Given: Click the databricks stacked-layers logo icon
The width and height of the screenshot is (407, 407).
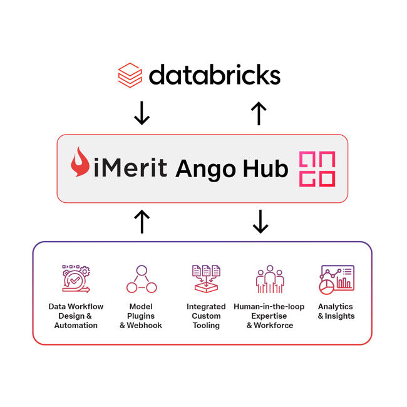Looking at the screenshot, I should [x=130, y=75].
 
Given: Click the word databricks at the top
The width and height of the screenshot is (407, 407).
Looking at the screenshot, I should [x=214, y=75].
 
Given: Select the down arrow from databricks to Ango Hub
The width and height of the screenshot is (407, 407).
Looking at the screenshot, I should [x=142, y=113].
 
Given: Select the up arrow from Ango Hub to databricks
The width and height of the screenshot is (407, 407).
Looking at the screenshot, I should [x=259, y=113].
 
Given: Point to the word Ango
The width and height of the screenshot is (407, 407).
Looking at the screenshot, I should [x=206, y=168].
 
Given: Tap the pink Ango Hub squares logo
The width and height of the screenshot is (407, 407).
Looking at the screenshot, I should [x=316, y=168].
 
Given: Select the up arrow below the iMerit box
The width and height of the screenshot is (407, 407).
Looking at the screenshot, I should [x=142, y=222].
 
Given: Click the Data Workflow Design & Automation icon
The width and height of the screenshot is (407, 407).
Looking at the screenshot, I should [x=76, y=279].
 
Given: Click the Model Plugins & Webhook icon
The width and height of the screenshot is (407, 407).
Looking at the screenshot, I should [x=141, y=279].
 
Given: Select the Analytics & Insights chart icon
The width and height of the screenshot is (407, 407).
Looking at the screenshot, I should [x=336, y=279].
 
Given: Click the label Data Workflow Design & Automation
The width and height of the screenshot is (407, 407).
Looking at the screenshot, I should [x=76, y=316].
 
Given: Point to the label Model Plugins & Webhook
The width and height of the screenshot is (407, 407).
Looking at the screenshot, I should [x=141, y=316].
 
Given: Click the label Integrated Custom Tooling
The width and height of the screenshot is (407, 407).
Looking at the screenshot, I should [x=206, y=316].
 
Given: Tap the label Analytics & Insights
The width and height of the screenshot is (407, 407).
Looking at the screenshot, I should [x=336, y=311].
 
